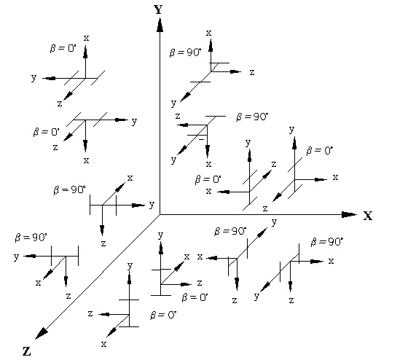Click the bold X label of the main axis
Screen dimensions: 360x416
[368, 216]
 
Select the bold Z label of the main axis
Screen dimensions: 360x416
[26, 351]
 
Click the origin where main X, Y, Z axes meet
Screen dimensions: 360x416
[160, 214]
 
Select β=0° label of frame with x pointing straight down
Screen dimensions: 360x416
[46, 132]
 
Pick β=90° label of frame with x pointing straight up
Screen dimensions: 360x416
[185, 52]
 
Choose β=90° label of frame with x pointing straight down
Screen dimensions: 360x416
[252, 117]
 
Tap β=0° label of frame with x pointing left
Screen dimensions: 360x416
[208, 179]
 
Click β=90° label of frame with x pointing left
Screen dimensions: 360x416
[230, 231]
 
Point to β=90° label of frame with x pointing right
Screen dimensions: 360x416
[326, 241]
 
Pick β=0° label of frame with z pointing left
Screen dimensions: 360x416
[163, 315]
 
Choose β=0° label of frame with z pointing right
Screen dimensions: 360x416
[195, 297]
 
